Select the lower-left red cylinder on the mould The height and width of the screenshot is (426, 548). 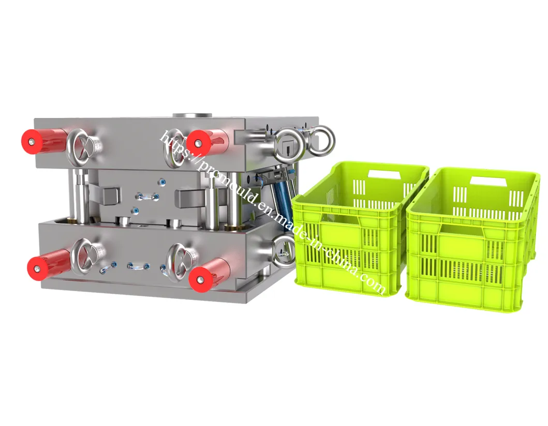[49, 263]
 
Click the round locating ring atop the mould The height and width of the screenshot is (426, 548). [192, 116]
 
